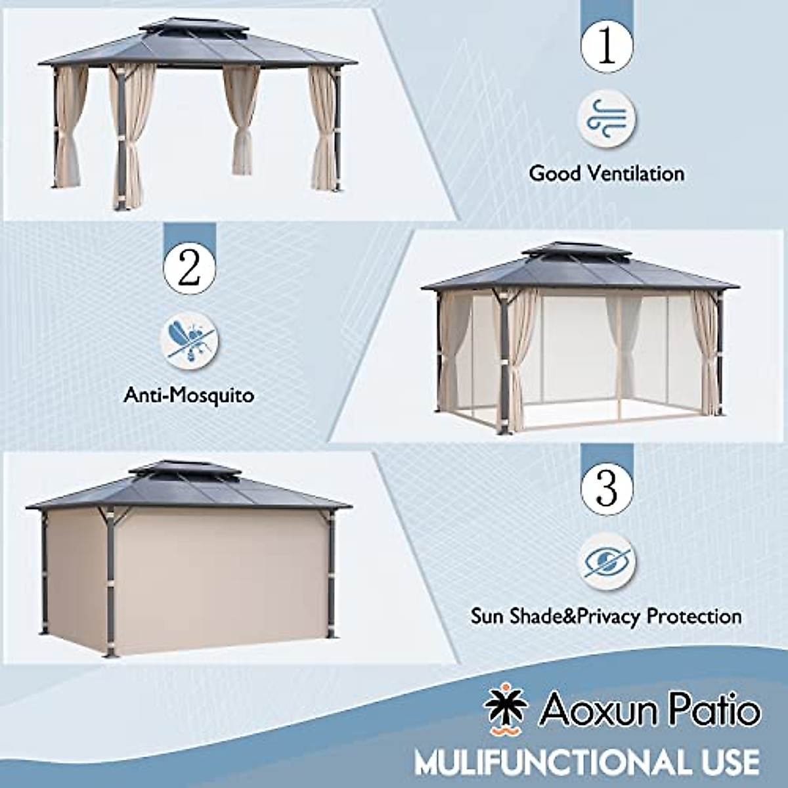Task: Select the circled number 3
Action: [x=607, y=487]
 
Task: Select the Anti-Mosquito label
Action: [x=189, y=396]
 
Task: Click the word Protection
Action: [x=694, y=617]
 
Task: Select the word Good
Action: [x=556, y=173]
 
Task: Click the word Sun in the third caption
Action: [x=487, y=617]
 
